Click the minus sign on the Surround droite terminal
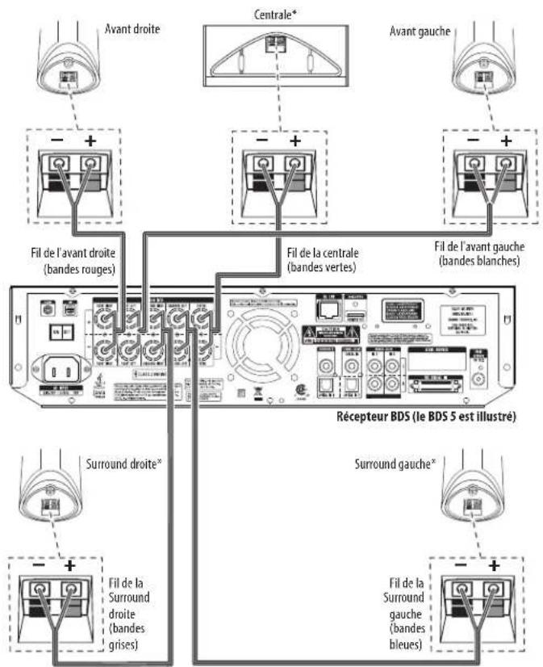click(x=36, y=543)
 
